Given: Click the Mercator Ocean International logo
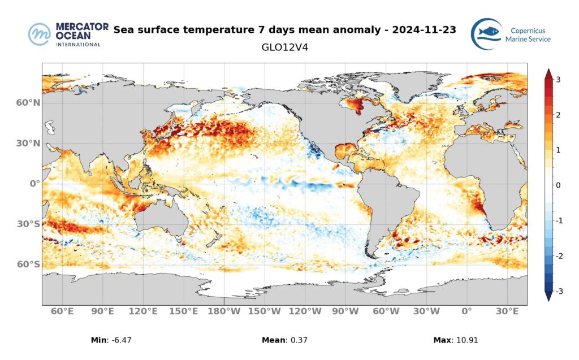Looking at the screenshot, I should pos(65,34).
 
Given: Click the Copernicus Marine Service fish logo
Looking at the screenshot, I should pos(486,34).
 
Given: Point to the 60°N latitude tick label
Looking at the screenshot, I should pos(28,103).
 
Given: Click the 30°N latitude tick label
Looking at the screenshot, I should pos(28,144).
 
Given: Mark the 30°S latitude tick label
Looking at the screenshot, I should pos(28,224).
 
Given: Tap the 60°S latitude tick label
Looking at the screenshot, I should pos(28,264).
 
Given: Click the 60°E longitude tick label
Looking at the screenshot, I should pos(62,311).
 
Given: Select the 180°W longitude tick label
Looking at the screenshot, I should pos(224,311).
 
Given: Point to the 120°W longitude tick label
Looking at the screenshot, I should pos(305,311).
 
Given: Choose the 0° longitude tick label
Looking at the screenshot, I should pos(466,311).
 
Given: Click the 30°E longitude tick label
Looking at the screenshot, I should pos(507,311).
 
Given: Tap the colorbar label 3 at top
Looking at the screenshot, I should pos(558,80).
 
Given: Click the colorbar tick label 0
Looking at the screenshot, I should pos(558,185).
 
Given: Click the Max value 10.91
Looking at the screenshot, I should pos(470,340).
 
